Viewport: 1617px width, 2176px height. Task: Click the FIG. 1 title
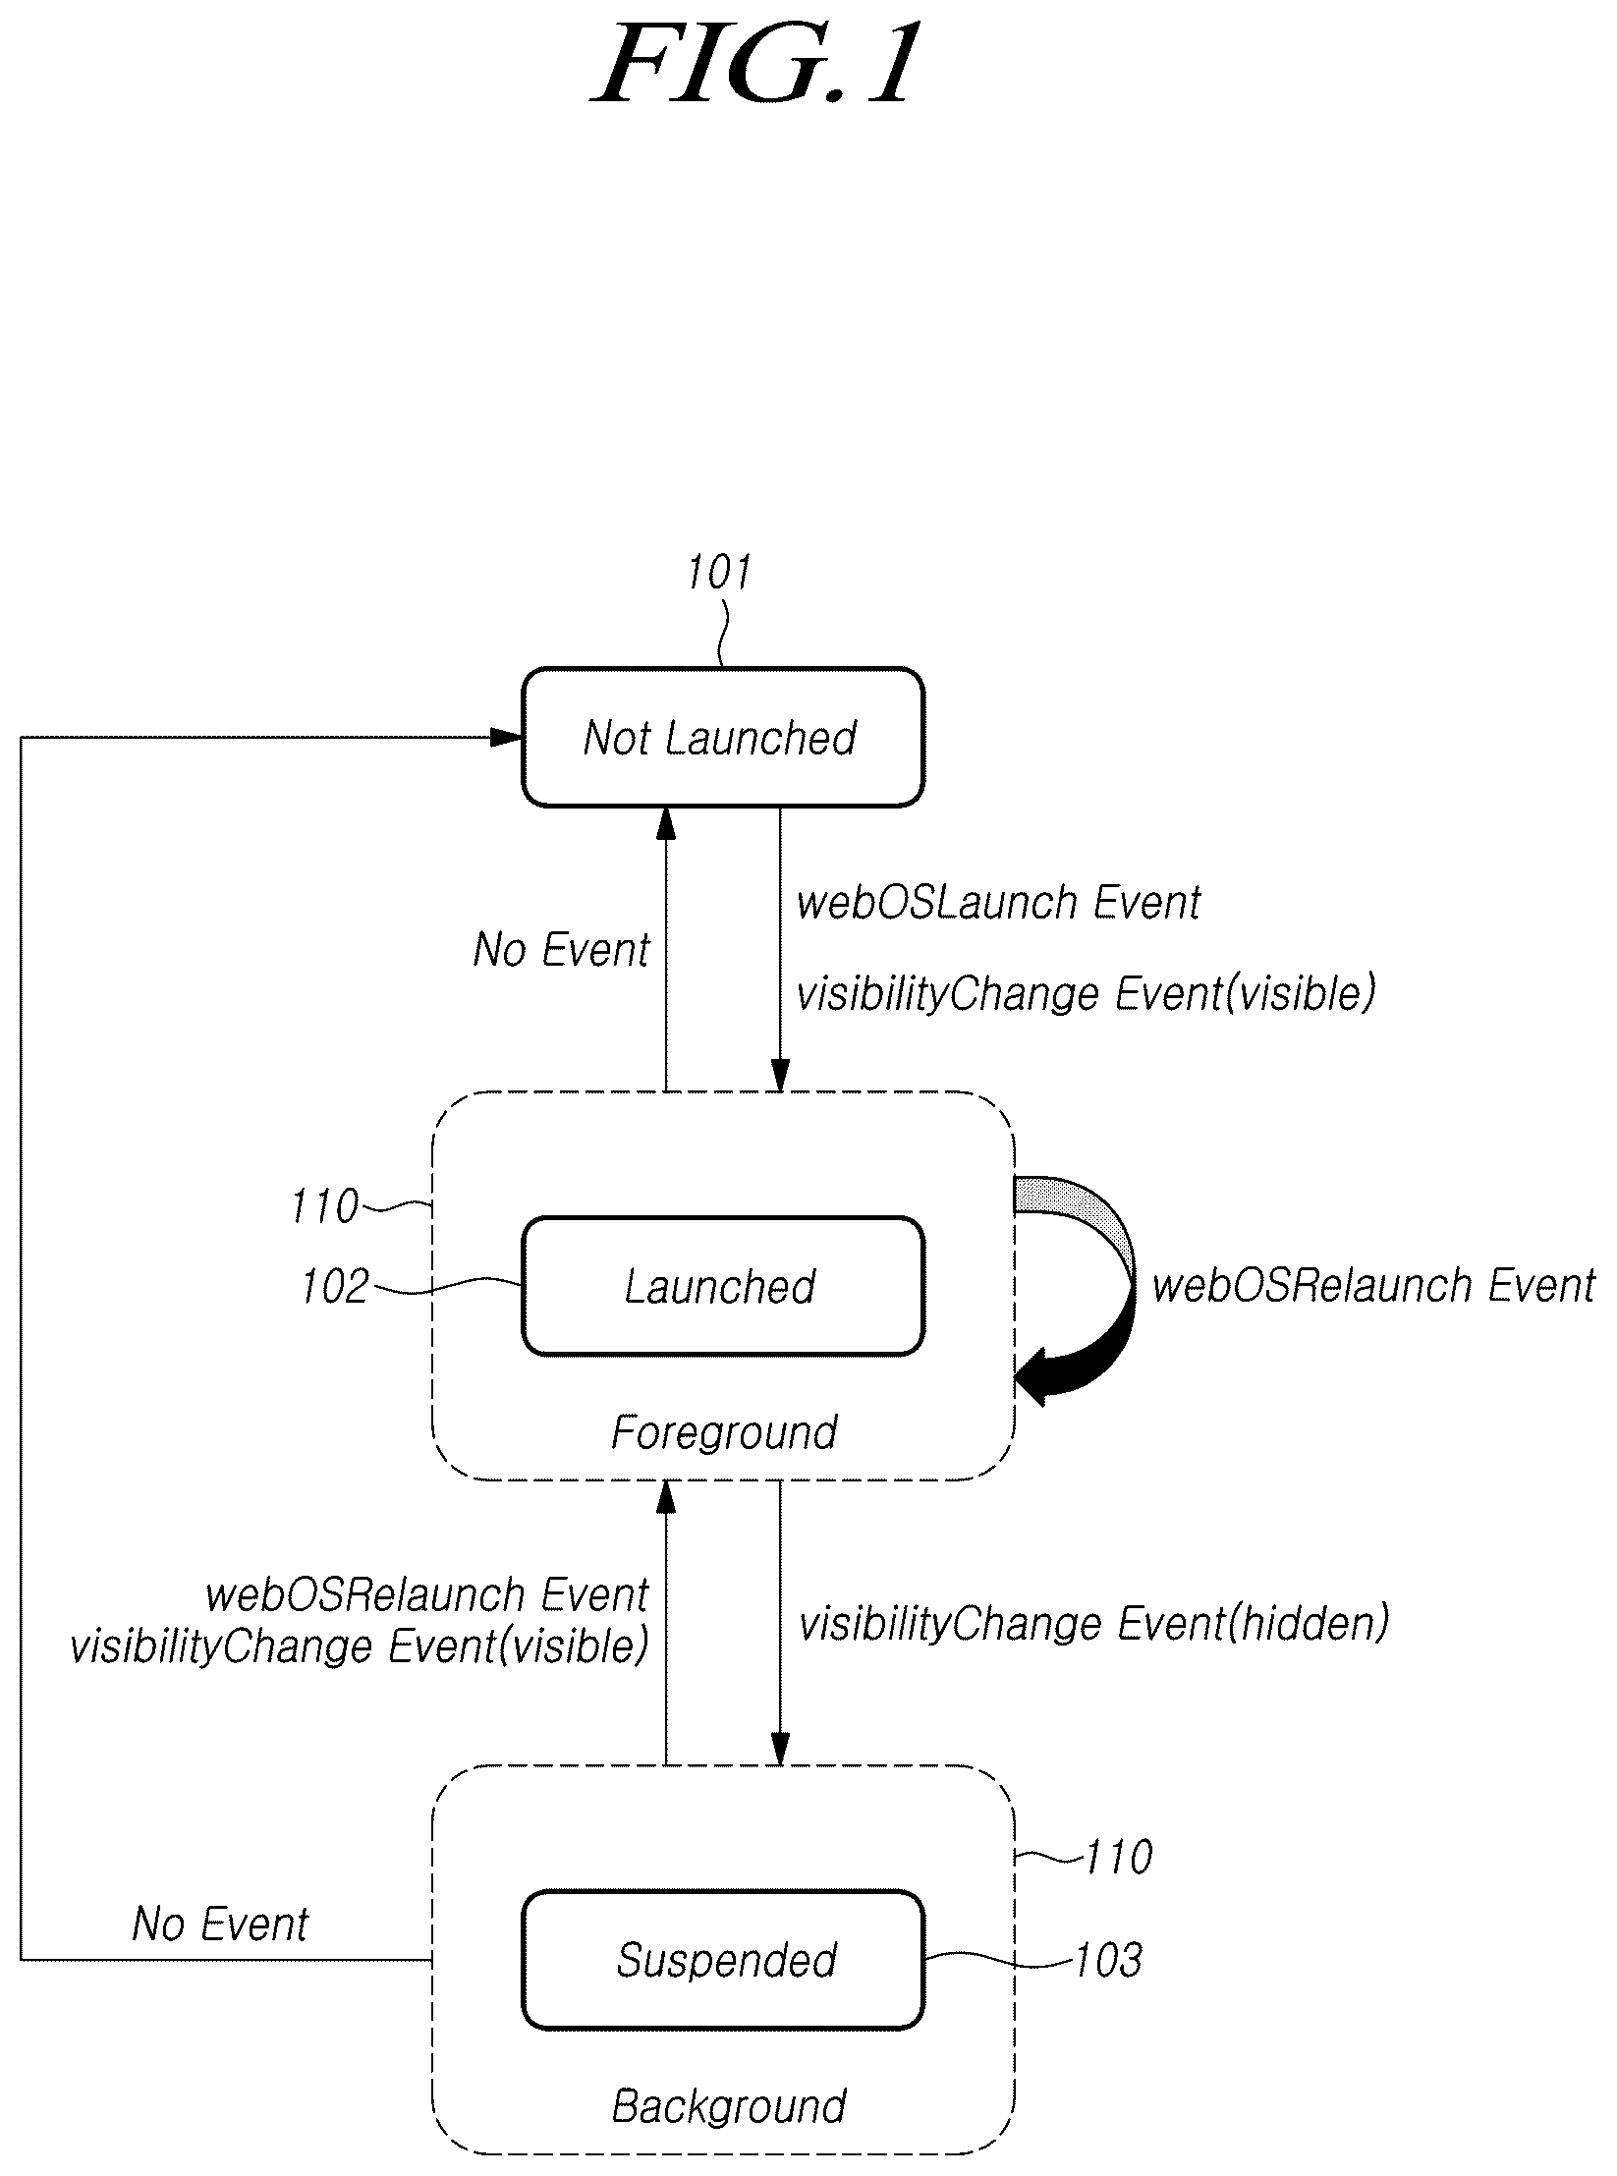757,65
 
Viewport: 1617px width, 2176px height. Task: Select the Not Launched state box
722,737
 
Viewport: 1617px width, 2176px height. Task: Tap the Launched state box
722,1286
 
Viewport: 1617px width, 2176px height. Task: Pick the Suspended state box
722,1960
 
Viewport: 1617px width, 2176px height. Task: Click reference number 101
719,572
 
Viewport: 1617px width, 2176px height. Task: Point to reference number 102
335,1286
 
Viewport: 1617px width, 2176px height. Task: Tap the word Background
729,2106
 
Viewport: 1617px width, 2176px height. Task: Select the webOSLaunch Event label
998,902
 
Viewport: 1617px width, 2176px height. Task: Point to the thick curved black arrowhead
1047,1383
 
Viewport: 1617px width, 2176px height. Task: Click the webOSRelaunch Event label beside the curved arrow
1373,1285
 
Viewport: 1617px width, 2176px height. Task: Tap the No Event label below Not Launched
561,949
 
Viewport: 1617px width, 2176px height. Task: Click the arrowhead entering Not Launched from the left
506,737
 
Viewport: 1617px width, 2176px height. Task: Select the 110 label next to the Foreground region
325,1205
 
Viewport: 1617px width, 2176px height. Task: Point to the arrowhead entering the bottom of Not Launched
666,823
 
